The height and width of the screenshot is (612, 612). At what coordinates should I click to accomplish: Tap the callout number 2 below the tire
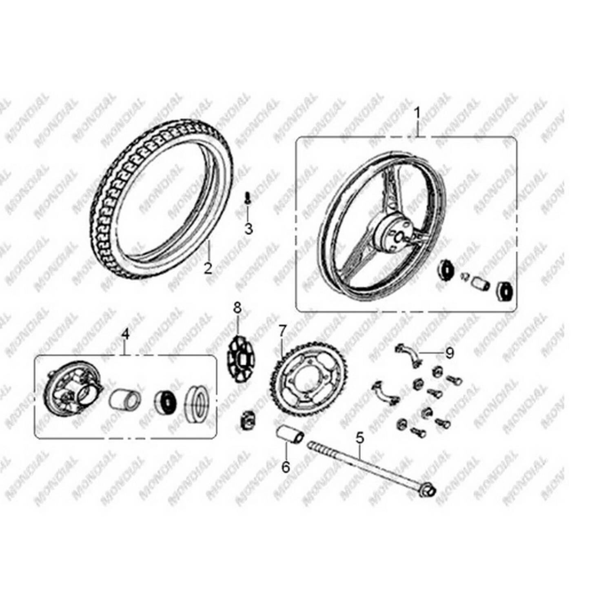pyautogui.click(x=208, y=268)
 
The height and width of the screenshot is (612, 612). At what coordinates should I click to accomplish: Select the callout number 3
pyautogui.click(x=248, y=228)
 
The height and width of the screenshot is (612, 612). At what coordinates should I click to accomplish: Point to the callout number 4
pyautogui.click(x=125, y=335)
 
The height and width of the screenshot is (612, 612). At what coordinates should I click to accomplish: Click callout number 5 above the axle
pyautogui.click(x=359, y=438)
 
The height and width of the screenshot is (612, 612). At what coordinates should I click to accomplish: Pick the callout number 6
pyautogui.click(x=286, y=467)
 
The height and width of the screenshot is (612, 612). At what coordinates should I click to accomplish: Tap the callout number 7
pyautogui.click(x=283, y=331)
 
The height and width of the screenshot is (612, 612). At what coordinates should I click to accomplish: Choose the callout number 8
pyautogui.click(x=237, y=308)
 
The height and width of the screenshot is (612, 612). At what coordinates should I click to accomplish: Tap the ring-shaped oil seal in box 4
pyautogui.click(x=197, y=405)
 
